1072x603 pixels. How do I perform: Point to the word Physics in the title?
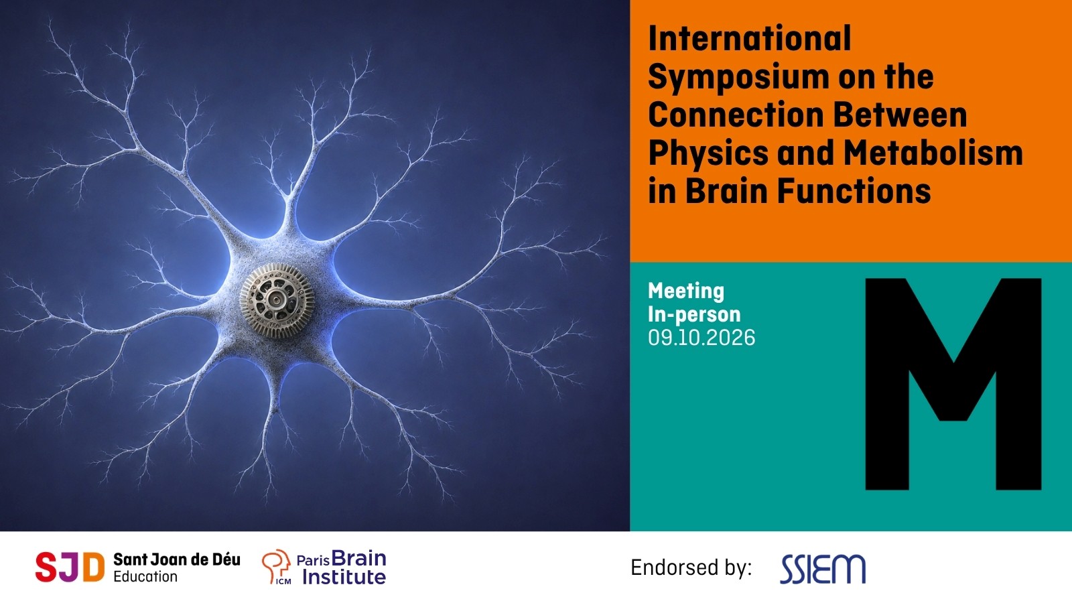(708, 154)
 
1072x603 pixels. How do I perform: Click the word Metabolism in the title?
(933, 153)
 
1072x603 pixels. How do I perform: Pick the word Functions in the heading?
(854, 190)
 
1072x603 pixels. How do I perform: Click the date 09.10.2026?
(701, 338)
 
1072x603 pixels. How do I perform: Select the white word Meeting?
(686, 291)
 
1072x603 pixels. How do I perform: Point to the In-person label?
(694, 314)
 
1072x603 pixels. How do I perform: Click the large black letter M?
(953, 384)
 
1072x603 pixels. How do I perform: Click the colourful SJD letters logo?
(70, 567)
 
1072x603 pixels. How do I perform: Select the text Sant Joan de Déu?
(177, 559)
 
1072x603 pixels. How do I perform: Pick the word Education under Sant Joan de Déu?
(145, 577)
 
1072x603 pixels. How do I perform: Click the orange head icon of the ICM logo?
(276, 566)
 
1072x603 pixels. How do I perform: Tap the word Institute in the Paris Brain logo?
(344, 577)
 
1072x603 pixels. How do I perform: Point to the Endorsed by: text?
(691, 568)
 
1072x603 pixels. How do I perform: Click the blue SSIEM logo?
(823, 569)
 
